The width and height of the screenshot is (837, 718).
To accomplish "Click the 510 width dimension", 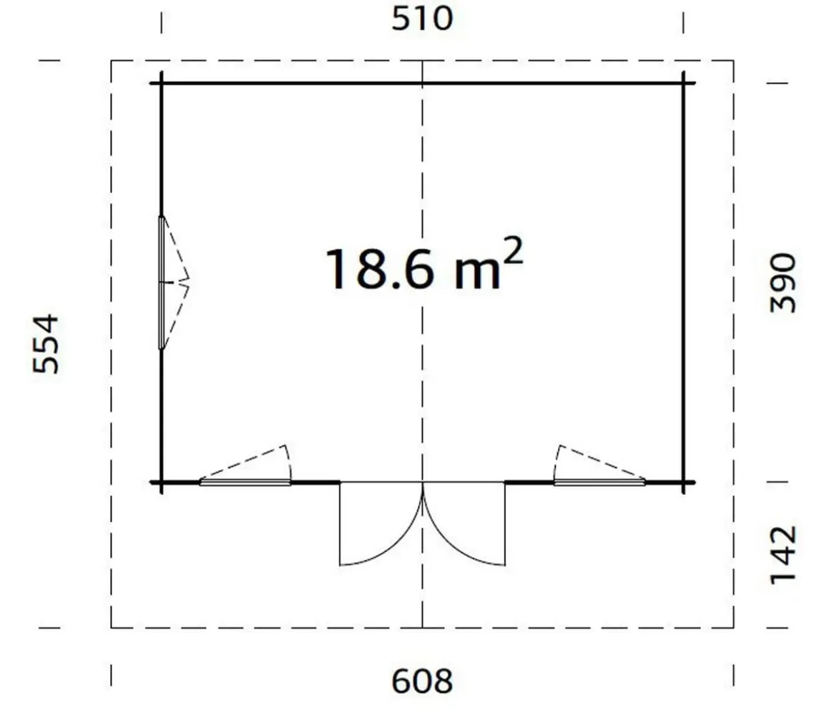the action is tap(422, 18).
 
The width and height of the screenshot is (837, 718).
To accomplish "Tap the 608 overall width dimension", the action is tap(422, 682).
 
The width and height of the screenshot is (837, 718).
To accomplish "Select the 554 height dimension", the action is tap(45, 344).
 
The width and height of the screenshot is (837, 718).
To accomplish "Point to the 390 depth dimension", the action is tap(783, 283).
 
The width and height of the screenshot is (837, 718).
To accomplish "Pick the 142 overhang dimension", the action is tap(783, 555).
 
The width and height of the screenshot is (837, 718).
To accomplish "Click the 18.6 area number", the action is tap(380, 270).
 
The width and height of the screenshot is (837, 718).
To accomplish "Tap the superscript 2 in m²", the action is tap(513, 251).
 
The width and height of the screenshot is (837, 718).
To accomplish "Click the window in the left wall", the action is tap(162, 282).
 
